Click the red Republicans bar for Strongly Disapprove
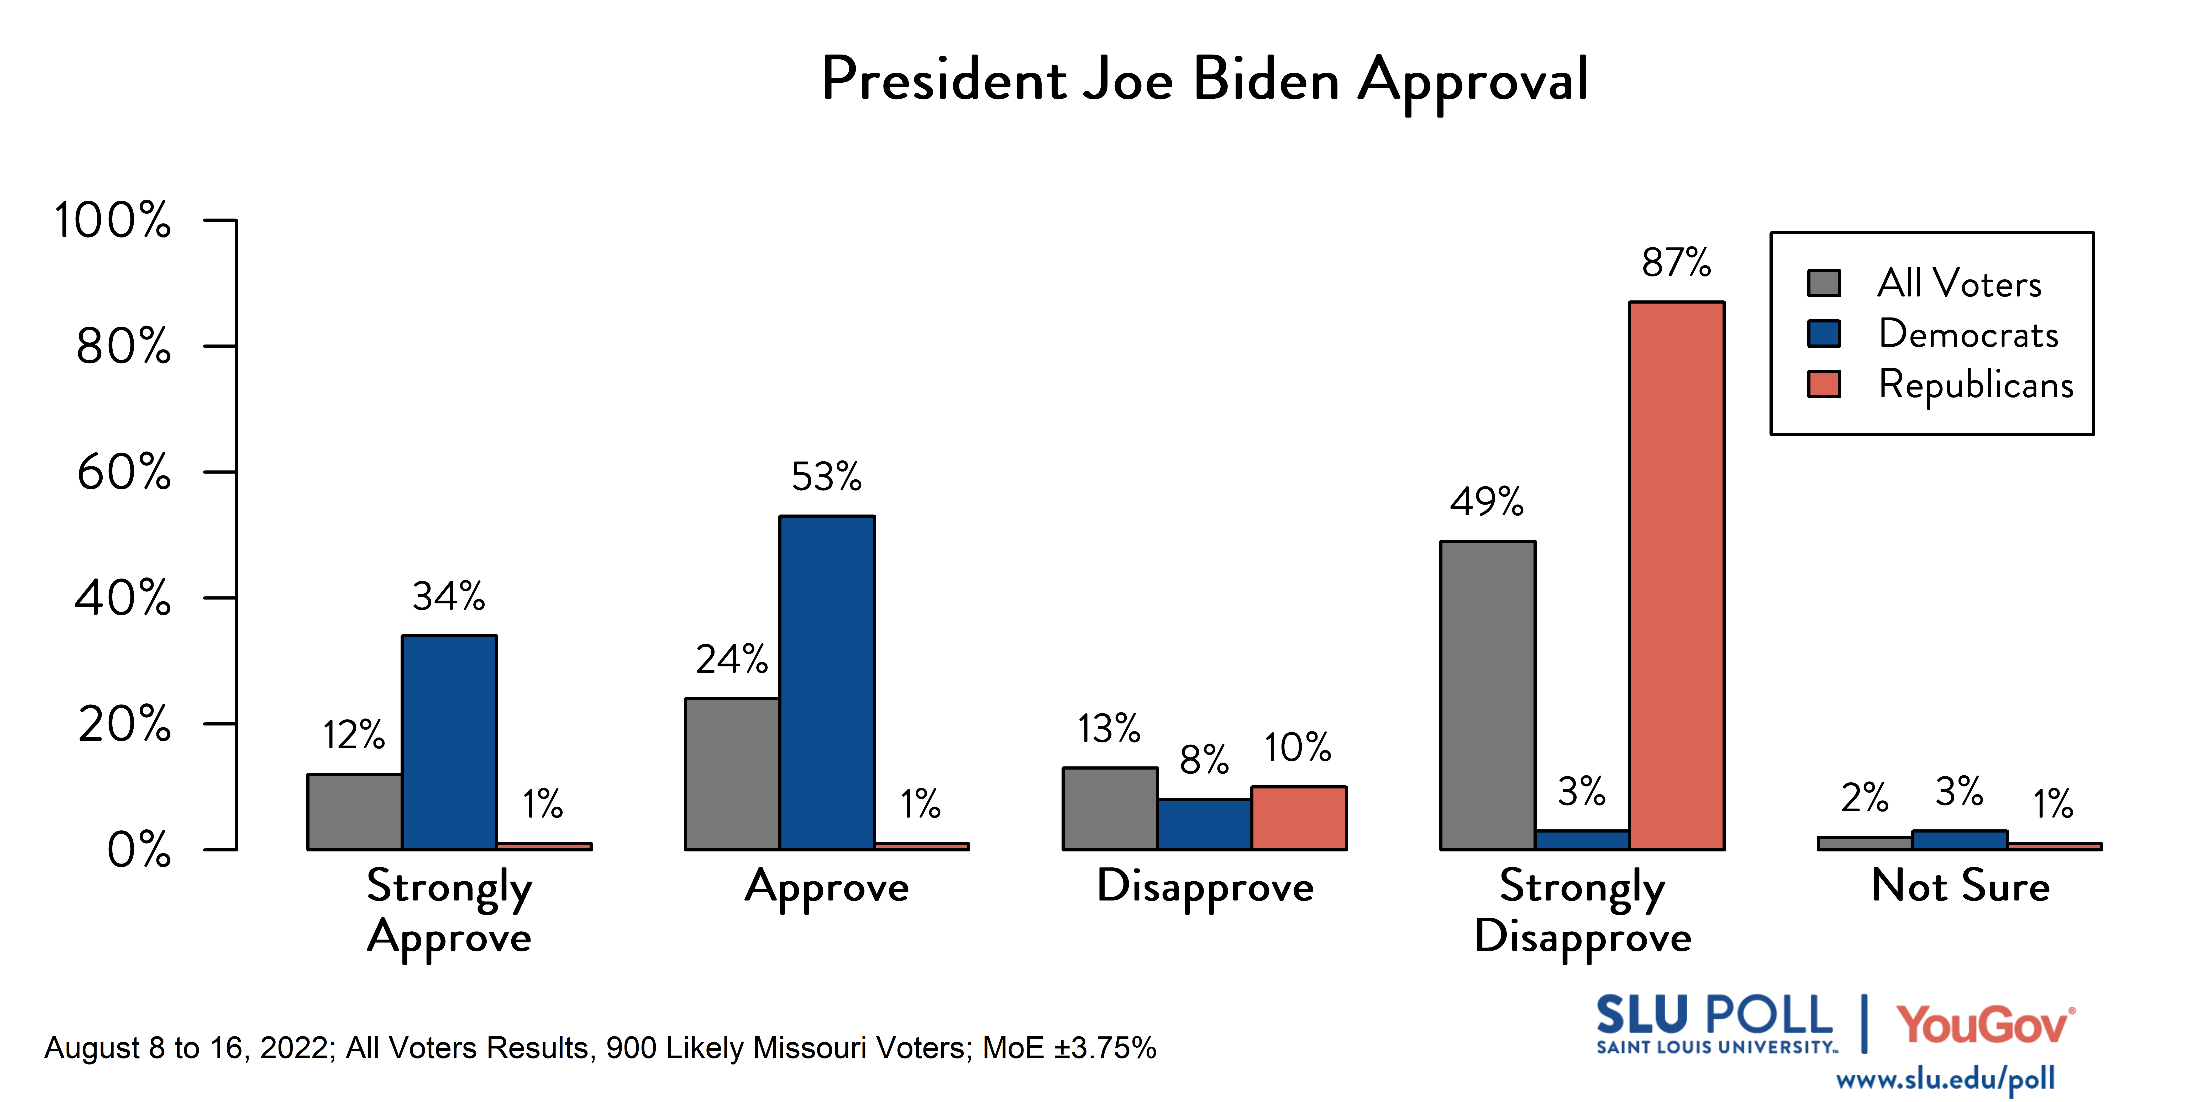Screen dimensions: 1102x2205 [x=1676, y=575]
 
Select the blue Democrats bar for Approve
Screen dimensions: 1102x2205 [x=827, y=683]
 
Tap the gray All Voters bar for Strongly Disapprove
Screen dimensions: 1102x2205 [x=1488, y=695]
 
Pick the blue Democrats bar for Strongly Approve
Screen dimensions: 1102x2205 [x=449, y=743]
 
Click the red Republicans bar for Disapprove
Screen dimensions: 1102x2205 [x=1299, y=818]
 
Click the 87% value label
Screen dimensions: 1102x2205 [x=1676, y=263]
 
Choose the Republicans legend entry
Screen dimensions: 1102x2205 [x=1976, y=384]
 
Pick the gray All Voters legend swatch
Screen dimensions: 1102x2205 [x=1824, y=283]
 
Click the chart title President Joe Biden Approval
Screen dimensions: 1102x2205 [x=1204, y=80]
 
